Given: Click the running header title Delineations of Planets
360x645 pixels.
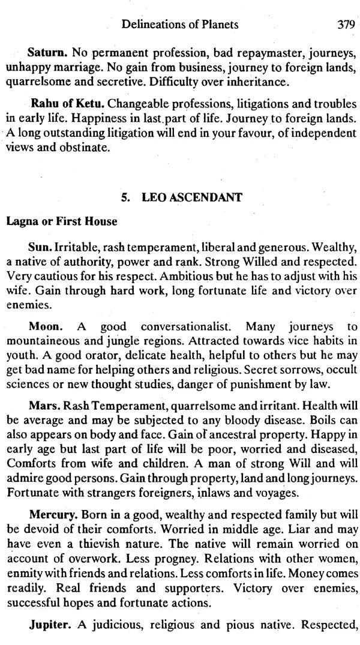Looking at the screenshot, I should pos(179,25).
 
